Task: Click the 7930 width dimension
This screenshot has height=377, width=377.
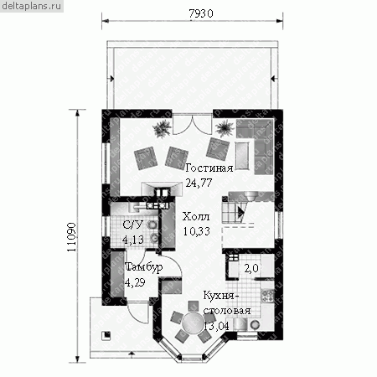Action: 201,13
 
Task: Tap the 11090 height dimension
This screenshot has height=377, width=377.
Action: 72,237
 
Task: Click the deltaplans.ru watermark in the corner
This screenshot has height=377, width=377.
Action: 32,6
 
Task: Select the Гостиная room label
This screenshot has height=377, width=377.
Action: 209,168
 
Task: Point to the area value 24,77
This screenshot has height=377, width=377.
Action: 199,183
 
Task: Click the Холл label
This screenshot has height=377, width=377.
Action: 196,217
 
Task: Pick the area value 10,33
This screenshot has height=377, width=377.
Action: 197,231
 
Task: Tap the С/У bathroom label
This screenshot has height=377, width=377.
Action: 133,225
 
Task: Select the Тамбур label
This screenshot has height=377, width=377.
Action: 144,267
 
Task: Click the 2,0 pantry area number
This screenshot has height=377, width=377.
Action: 251,268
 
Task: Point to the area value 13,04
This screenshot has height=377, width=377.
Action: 216,326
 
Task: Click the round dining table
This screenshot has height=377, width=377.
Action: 193,322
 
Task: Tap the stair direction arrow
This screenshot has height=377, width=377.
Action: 240,212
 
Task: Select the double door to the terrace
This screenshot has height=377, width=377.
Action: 192,125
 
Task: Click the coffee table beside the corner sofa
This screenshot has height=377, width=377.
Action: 242,156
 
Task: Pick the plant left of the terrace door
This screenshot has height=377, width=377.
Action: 162,128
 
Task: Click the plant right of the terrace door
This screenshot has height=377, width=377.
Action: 225,129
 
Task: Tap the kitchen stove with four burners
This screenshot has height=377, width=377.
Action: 267,296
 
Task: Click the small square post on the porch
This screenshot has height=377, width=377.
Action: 106,335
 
